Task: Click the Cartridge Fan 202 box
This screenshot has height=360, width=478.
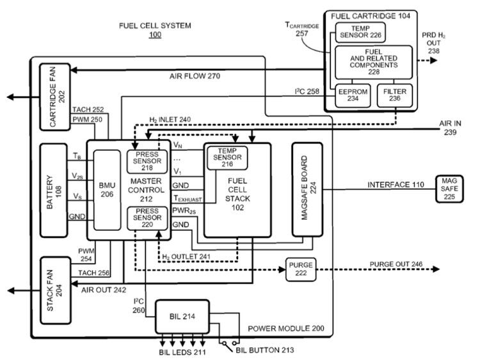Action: [54, 96]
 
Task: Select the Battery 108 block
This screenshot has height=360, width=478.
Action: [54, 190]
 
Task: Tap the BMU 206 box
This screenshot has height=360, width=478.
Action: [107, 190]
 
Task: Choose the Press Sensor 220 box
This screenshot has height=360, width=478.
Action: [147, 218]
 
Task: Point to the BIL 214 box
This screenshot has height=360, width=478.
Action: [182, 316]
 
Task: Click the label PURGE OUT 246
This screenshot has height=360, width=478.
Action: [396, 264]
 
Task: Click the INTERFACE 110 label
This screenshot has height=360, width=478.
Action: [395, 185]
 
